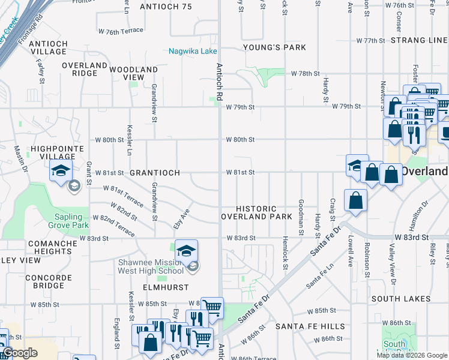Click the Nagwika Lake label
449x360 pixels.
[193, 51]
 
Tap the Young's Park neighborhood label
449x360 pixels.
[274, 47]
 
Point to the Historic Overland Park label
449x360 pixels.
[256, 212]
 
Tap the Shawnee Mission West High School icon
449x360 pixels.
[187, 251]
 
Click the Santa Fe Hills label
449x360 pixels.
[310, 326]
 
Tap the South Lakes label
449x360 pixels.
[401, 299]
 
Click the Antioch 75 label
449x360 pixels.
[166, 7]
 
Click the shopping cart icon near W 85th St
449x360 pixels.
[211, 308]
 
